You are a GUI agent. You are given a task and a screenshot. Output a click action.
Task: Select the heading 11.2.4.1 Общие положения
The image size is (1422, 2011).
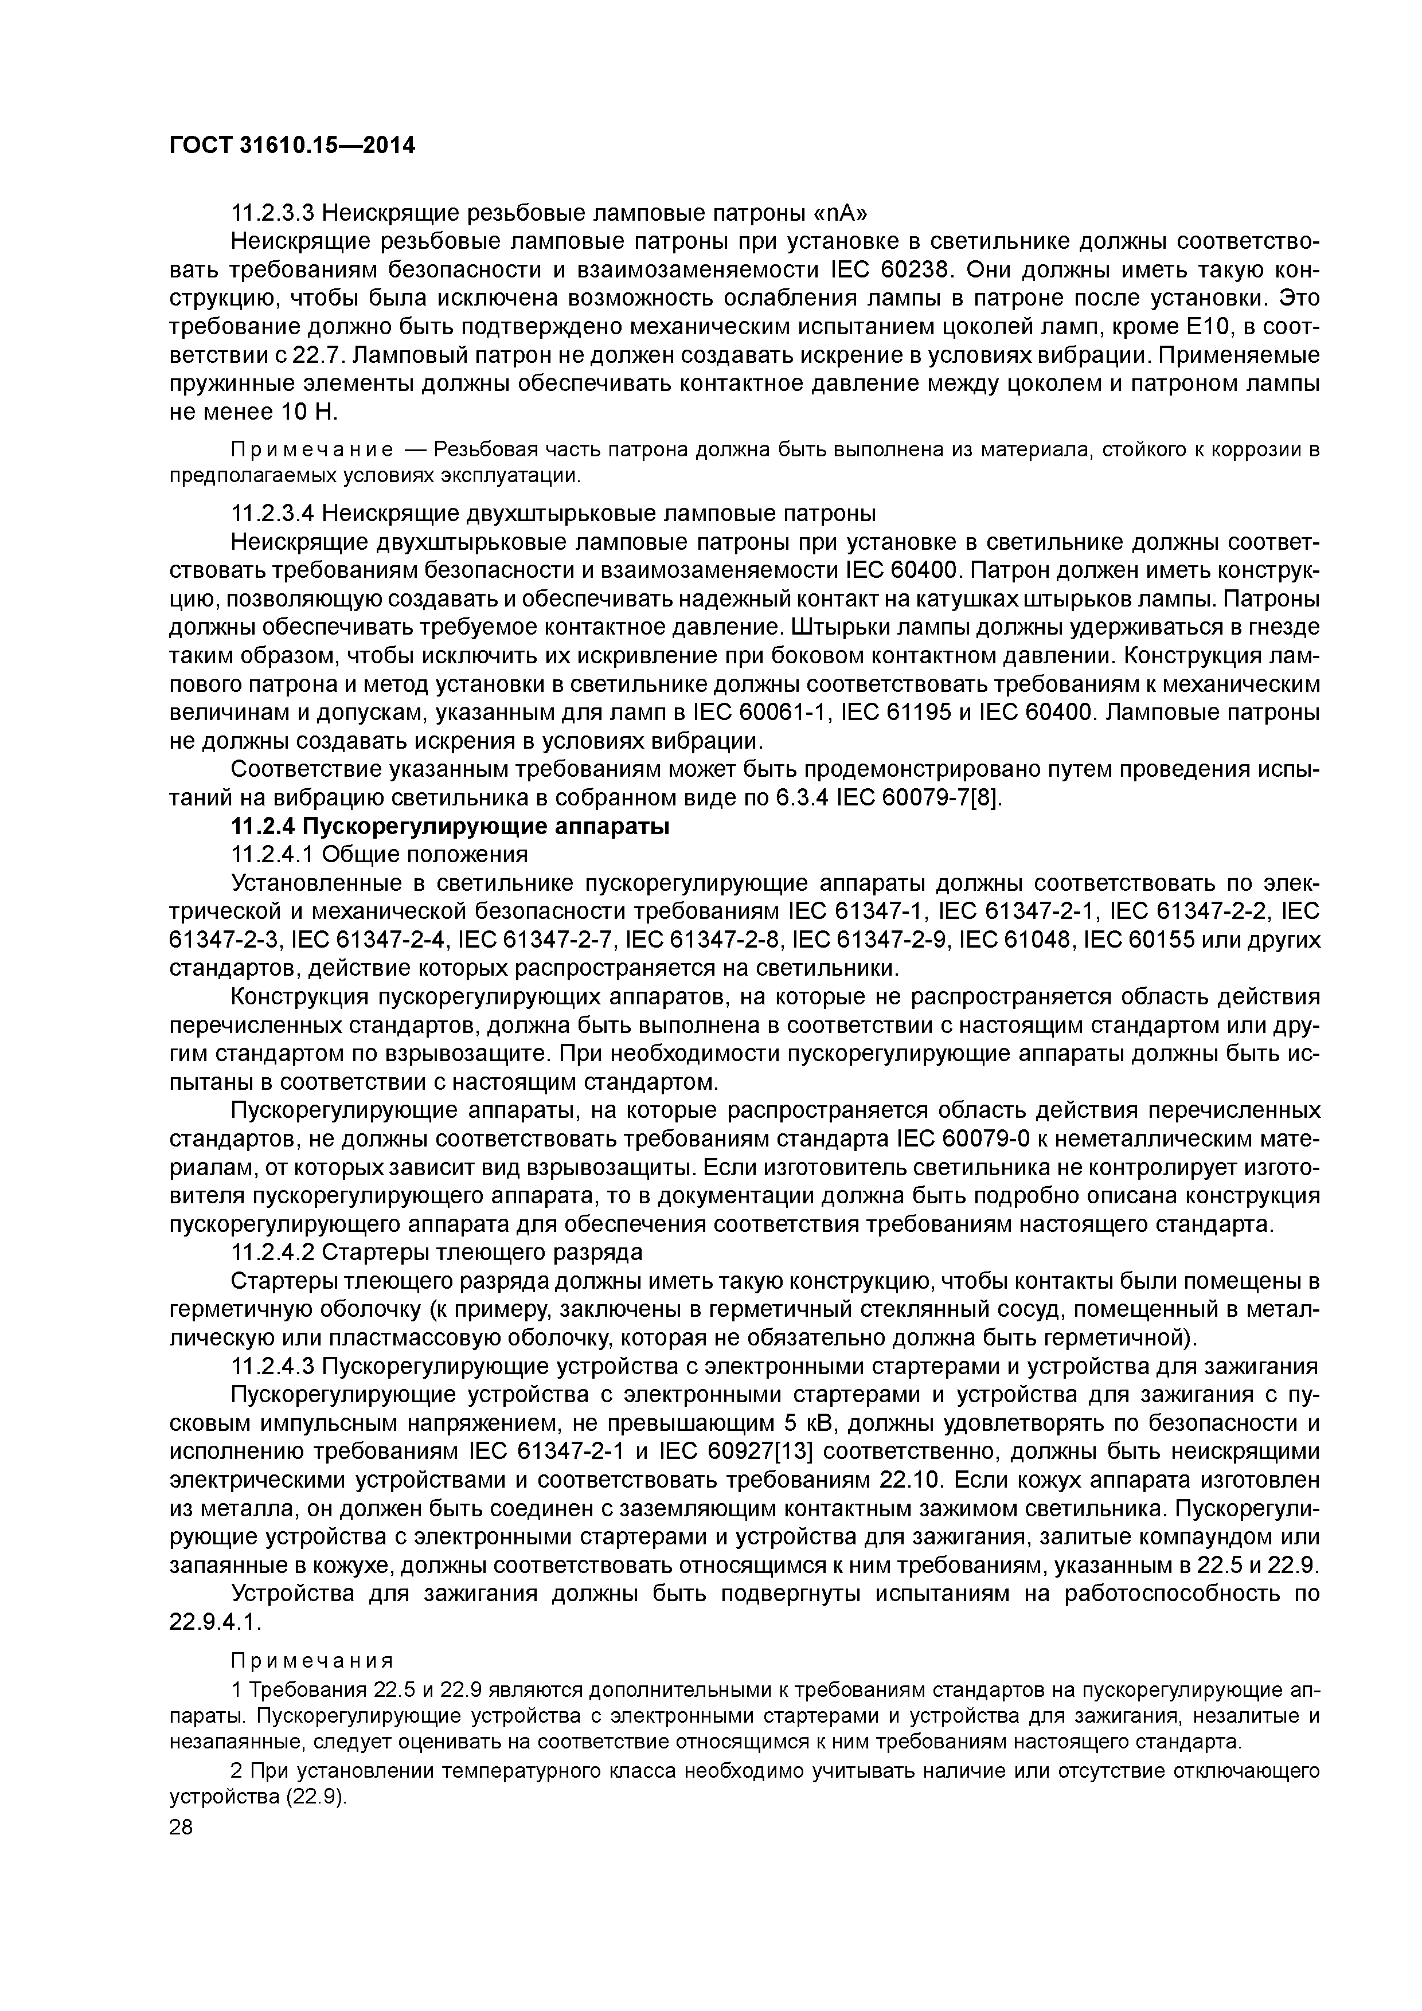[378, 854]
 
